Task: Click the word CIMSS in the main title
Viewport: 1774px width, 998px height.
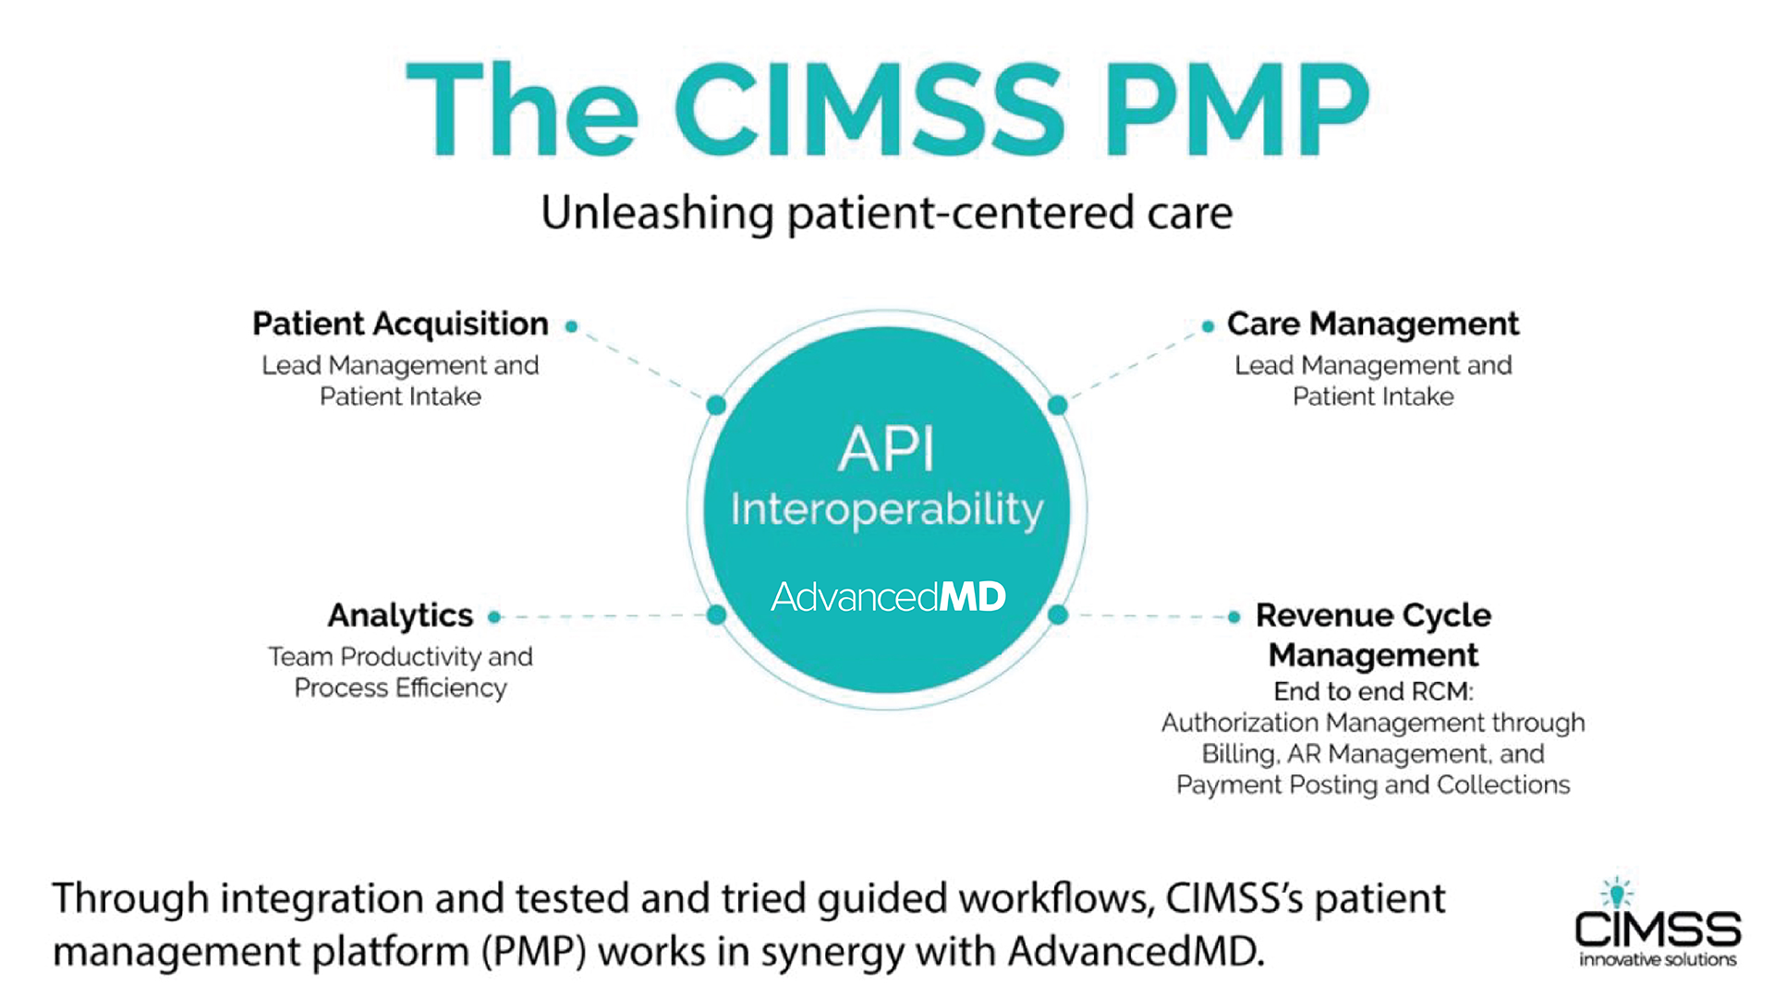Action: point(869,109)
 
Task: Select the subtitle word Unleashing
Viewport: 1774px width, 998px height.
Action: point(657,213)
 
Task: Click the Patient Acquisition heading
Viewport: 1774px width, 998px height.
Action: point(400,324)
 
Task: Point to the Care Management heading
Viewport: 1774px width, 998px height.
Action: point(1373,324)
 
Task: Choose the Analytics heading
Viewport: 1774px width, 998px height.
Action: point(400,615)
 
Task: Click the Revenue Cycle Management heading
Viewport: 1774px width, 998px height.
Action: point(1374,635)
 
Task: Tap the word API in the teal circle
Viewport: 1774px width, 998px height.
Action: point(887,450)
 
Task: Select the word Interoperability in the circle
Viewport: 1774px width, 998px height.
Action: point(887,510)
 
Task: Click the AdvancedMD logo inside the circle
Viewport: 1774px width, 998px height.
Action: point(888,597)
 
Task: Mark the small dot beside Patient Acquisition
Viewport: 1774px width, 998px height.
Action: point(571,326)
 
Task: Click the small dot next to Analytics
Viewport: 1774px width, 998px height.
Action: point(494,617)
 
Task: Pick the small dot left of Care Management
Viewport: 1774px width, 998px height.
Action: point(1208,326)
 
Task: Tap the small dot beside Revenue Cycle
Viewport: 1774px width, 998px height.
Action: point(1233,617)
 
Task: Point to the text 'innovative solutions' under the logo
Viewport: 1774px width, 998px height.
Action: point(1658,960)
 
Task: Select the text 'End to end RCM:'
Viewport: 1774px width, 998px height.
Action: point(1373,692)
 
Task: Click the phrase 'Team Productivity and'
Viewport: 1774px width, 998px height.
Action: point(400,657)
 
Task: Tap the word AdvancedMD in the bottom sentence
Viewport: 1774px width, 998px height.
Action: point(1136,951)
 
